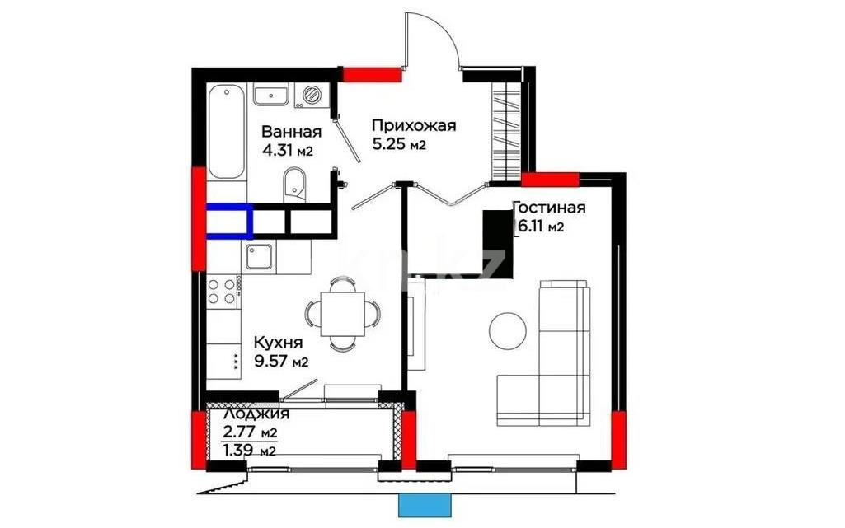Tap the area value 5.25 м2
click(398, 145)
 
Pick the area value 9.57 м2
click(280, 360)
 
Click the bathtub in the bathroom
click(227, 130)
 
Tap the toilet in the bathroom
click(294, 183)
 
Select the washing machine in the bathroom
click(313, 96)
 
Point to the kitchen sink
click(261, 258)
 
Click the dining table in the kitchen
click(343, 312)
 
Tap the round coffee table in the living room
click(508, 330)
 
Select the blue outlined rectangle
click(228, 221)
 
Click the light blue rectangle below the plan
click(425, 505)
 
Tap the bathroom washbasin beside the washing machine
click(270, 96)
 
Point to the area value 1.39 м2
click(250, 451)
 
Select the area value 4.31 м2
click(288, 150)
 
